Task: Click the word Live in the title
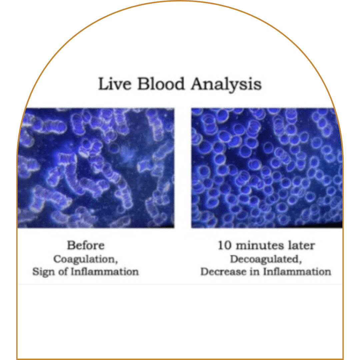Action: (x=115, y=84)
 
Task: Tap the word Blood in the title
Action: (x=161, y=84)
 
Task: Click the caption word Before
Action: (x=86, y=245)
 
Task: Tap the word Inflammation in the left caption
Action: (x=105, y=272)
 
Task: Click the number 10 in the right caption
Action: (x=225, y=245)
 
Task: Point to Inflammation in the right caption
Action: (x=297, y=272)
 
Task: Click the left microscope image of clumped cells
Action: (x=96, y=168)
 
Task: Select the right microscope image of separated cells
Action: (x=267, y=168)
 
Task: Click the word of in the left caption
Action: (x=62, y=272)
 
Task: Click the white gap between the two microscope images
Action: (x=183, y=168)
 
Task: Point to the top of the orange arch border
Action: (x=180, y=1)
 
